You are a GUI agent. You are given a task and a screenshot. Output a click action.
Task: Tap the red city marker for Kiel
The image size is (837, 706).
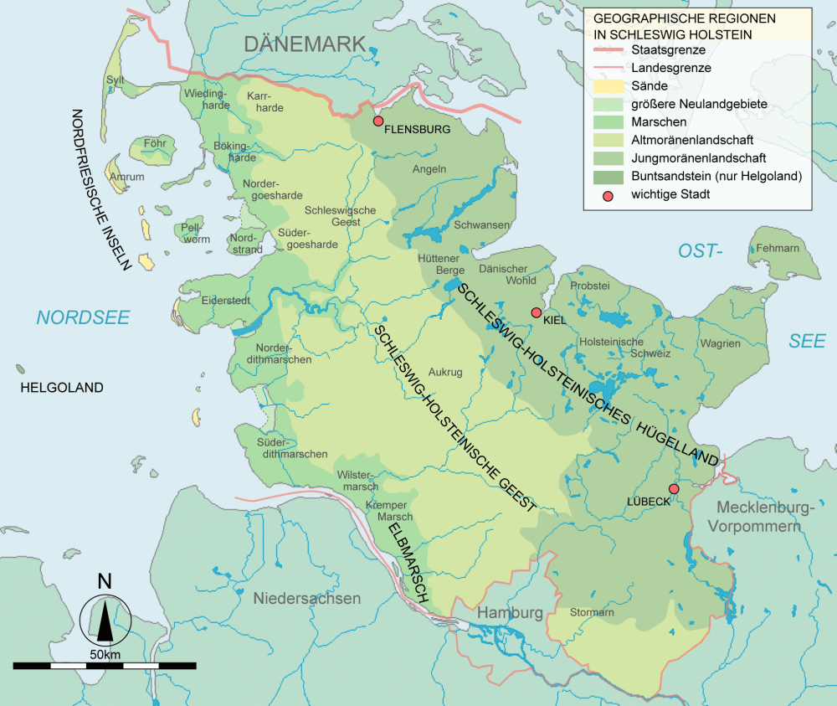pyautogui.click(x=537, y=312)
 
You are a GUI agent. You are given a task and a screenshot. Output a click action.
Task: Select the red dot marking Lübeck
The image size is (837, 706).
pyautogui.click(x=674, y=489)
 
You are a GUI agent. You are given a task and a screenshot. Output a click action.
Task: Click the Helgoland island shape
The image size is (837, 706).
pyautogui.click(x=19, y=368)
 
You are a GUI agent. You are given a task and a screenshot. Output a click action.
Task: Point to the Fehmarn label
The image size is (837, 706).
pyautogui.click(x=778, y=249)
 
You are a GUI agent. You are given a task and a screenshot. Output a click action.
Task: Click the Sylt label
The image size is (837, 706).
pyautogui.click(x=115, y=80)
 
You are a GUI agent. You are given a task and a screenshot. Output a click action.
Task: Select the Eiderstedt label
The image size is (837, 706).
pyautogui.click(x=225, y=300)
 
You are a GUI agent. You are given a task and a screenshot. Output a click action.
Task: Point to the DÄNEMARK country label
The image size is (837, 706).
pyautogui.click(x=305, y=44)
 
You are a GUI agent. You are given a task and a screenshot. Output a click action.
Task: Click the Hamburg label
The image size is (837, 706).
pyautogui.click(x=510, y=613)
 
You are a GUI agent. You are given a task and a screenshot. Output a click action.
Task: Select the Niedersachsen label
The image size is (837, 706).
pyautogui.click(x=307, y=599)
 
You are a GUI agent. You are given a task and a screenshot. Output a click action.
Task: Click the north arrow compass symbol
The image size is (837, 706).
pyautogui.click(x=105, y=616)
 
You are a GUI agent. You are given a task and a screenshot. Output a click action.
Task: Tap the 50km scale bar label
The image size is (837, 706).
pyautogui.click(x=105, y=653)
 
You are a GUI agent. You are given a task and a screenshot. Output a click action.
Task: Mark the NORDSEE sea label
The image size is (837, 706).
pyautogui.click(x=82, y=317)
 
